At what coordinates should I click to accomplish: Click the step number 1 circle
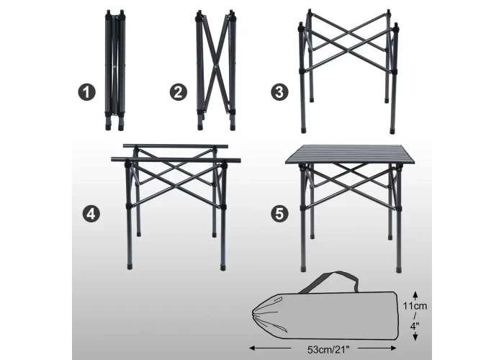pyautogui.click(x=87, y=92)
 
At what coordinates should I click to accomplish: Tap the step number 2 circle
pyautogui.click(x=179, y=92)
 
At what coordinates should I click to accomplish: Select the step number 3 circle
pyautogui.click(x=279, y=92)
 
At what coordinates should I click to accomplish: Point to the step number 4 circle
pyautogui.click(x=91, y=214)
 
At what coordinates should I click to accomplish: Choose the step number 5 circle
pyautogui.click(x=279, y=214)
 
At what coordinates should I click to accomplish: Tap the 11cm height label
pyautogui.click(x=415, y=306)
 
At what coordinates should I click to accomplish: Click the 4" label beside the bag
pyautogui.click(x=415, y=326)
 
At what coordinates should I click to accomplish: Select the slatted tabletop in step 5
pyautogui.click(x=350, y=154)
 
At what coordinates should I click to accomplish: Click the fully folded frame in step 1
pyautogui.click(x=115, y=70)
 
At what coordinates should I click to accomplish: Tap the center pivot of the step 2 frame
pyautogui.click(x=215, y=67)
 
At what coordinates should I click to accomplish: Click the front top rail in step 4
pyautogui.click(x=176, y=159)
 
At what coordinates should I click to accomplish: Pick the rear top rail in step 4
pyautogui.click(x=176, y=146)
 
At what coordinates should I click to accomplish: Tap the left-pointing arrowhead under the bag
pyautogui.click(x=253, y=348)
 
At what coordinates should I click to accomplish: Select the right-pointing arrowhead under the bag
pyautogui.click(x=393, y=348)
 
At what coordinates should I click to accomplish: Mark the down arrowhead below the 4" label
pyautogui.click(x=415, y=337)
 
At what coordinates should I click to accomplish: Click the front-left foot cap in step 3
pyautogui.click(x=304, y=131)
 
